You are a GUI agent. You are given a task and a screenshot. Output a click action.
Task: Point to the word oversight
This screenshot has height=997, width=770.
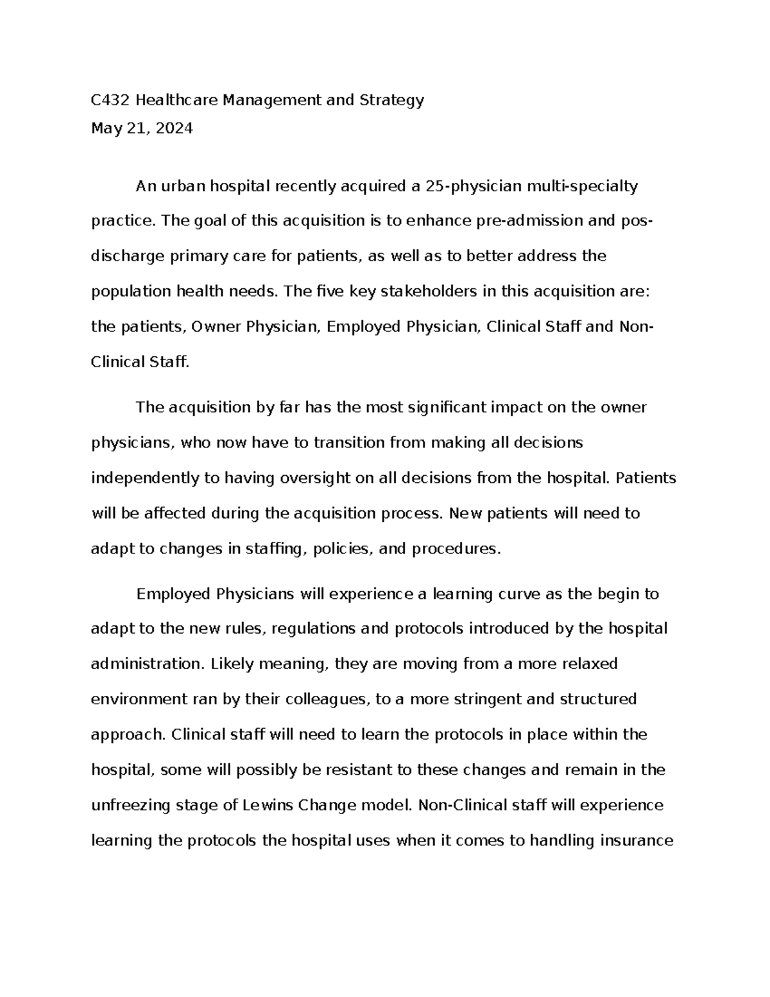[x=308, y=478]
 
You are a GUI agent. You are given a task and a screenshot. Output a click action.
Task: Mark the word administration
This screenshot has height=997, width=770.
[x=146, y=663]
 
